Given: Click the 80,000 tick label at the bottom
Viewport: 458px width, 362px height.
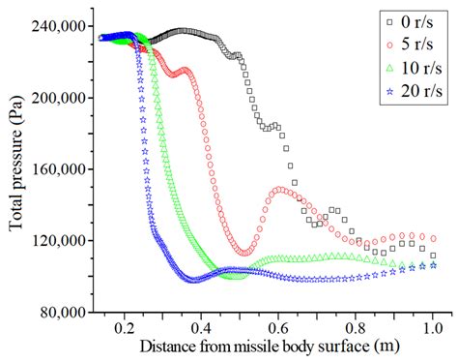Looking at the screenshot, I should (x=67, y=313).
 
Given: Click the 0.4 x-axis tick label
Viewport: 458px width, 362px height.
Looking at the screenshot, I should (x=202, y=328).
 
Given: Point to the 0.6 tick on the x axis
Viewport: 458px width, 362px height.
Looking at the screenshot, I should (x=279, y=328).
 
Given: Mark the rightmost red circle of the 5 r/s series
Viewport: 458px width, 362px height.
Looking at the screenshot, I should (x=433, y=238).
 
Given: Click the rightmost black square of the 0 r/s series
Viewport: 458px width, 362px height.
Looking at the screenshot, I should (x=433, y=256).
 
